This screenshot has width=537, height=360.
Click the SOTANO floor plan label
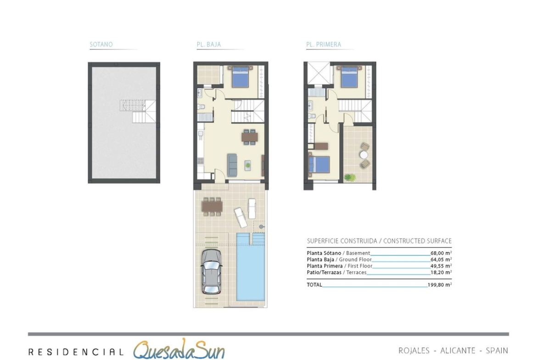(101, 44)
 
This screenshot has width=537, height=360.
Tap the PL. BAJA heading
(208, 44)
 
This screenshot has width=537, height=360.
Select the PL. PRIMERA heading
(324, 44)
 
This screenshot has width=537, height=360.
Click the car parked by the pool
(211, 271)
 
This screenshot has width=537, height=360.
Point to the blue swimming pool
(251, 267)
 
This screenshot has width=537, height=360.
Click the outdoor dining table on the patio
(213, 206)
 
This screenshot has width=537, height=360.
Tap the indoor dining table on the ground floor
(249, 137)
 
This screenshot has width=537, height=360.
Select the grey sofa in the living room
(232, 165)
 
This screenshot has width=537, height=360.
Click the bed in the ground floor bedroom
(241, 77)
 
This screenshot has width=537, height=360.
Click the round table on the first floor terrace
(364, 155)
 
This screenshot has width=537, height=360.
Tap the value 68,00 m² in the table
(441, 253)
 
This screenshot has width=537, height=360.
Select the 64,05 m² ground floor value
(441, 260)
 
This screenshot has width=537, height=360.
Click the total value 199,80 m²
(440, 285)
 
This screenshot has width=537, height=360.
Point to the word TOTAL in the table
(314, 285)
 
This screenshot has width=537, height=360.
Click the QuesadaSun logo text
(179, 349)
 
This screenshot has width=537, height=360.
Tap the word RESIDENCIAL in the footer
(76, 352)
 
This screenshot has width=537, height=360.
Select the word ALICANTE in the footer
(458, 351)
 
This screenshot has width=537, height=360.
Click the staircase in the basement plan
(138, 111)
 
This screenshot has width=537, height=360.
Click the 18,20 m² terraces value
(441, 272)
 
